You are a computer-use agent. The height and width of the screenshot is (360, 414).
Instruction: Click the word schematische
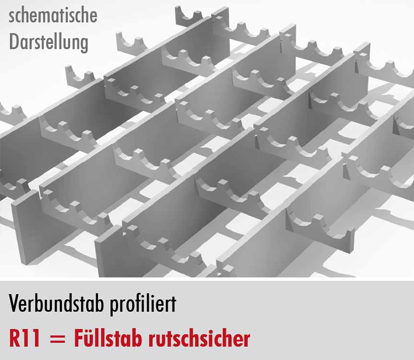[53, 15]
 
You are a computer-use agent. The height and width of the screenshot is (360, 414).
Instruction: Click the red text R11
[24, 338]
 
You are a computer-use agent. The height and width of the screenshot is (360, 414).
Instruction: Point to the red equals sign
[57, 339]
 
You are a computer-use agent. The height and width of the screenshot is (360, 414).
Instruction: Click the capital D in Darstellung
[14, 42]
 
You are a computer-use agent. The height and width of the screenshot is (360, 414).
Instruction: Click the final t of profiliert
[174, 304]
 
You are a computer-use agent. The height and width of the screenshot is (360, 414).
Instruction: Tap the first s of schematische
[12, 17]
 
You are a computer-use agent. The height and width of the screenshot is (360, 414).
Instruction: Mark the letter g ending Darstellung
[84, 45]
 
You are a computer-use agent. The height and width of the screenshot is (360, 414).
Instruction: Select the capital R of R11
[15, 338]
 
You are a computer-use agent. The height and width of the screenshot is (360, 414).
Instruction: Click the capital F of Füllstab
[79, 338]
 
